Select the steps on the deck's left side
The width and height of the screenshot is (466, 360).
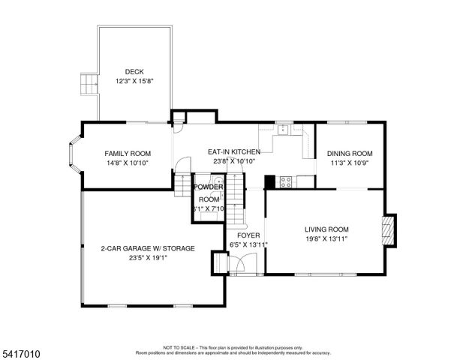click(89, 83)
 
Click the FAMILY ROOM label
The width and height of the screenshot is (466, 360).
click(128, 153)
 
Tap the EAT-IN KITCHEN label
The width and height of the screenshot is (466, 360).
click(234, 151)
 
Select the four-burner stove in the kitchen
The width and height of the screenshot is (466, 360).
click(286, 181)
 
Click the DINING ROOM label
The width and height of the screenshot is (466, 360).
click(350, 153)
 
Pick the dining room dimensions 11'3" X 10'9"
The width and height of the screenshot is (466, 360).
click(350, 162)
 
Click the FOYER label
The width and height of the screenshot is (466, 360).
click(239, 235)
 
